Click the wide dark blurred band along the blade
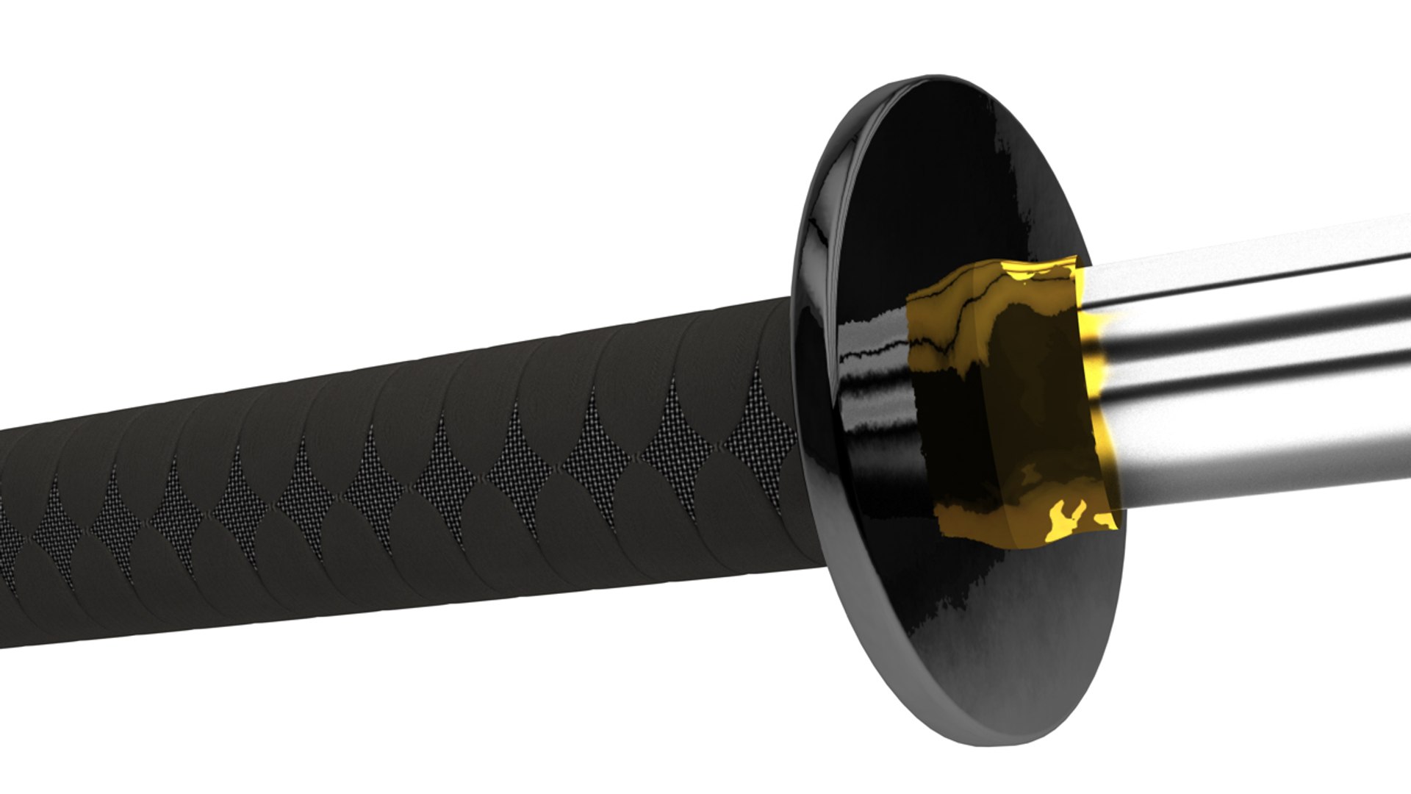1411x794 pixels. pyautogui.click(x=1249, y=346)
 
